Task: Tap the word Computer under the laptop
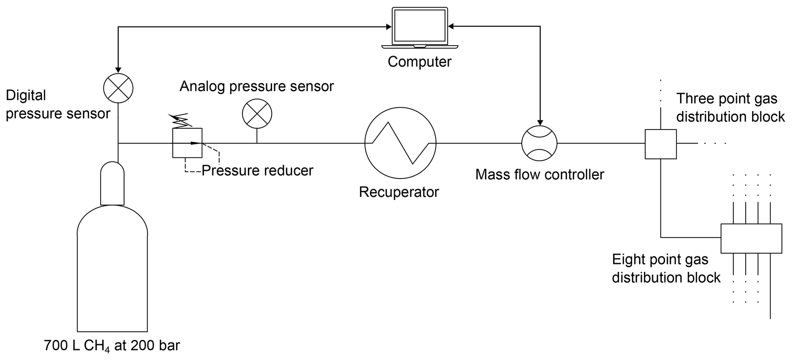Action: (x=420, y=62)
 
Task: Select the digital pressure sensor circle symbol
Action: (x=118, y=88)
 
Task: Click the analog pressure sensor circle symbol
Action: (x=257, y=114)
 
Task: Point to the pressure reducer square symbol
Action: (x=187, y=143)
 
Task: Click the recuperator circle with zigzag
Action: (x=400, y=143)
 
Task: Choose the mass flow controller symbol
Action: (x=539, y=143)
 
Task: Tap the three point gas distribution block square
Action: (x=661, y=144)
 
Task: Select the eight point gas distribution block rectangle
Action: (x=751, y=238)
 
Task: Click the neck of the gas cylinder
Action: (x=112, y=184)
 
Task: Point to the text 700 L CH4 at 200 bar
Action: (x=112, y=346)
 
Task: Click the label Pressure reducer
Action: (x=257, y=170)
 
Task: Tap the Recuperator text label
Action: (x=399, y=192)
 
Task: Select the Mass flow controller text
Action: (x=539, y=175)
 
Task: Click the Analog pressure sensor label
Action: (x=257, y=86)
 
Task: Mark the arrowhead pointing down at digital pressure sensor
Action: (x=118, y=70)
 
